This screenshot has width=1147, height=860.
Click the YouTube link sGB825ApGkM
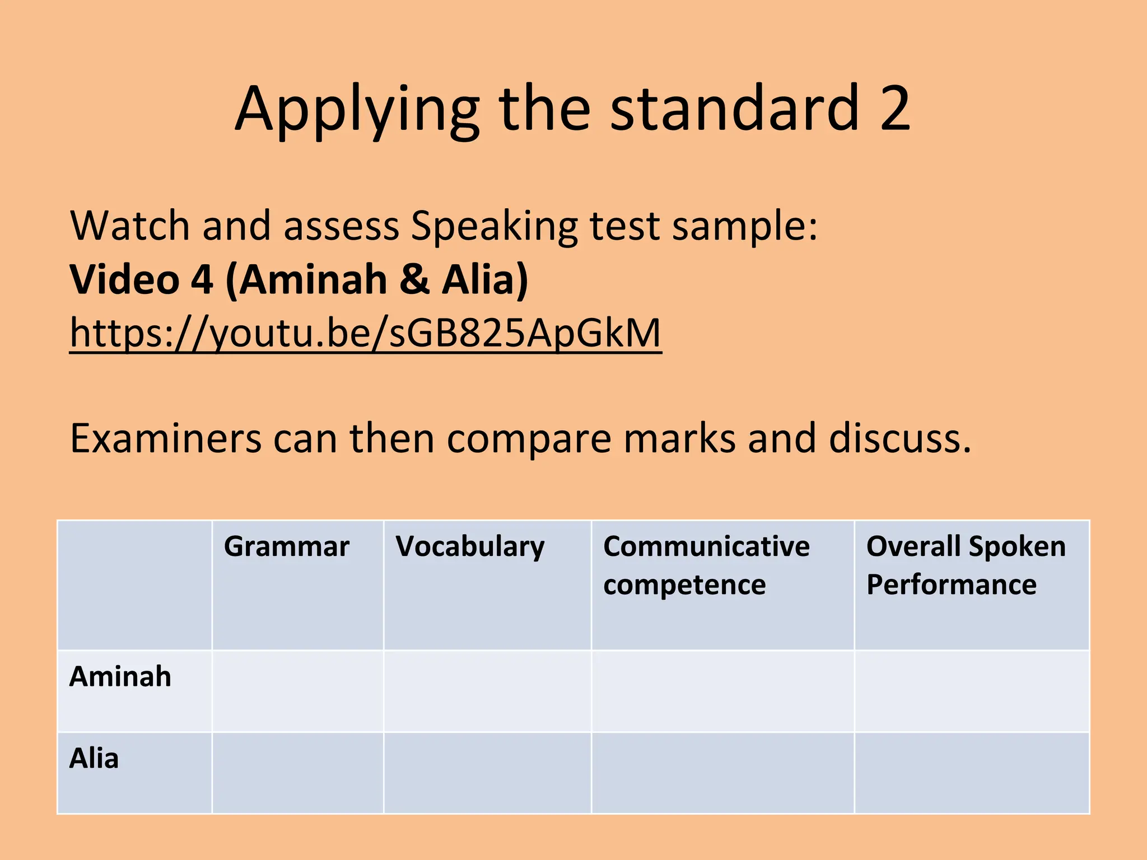point(365,333)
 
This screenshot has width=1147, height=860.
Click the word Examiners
point(165,438)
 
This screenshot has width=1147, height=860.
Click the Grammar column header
point(286,546)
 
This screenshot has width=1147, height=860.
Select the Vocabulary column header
point(469,546)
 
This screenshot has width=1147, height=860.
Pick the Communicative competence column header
point(706,565)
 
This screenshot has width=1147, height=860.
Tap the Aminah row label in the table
point(120,676)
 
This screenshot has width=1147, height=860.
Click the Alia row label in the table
point(94,758)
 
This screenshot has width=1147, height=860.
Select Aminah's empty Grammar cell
point(297,691)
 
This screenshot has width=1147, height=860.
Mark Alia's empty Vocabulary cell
point(487,773)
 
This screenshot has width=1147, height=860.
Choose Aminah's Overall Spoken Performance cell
point(971,691)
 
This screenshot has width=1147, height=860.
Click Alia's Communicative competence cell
point(722,773)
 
